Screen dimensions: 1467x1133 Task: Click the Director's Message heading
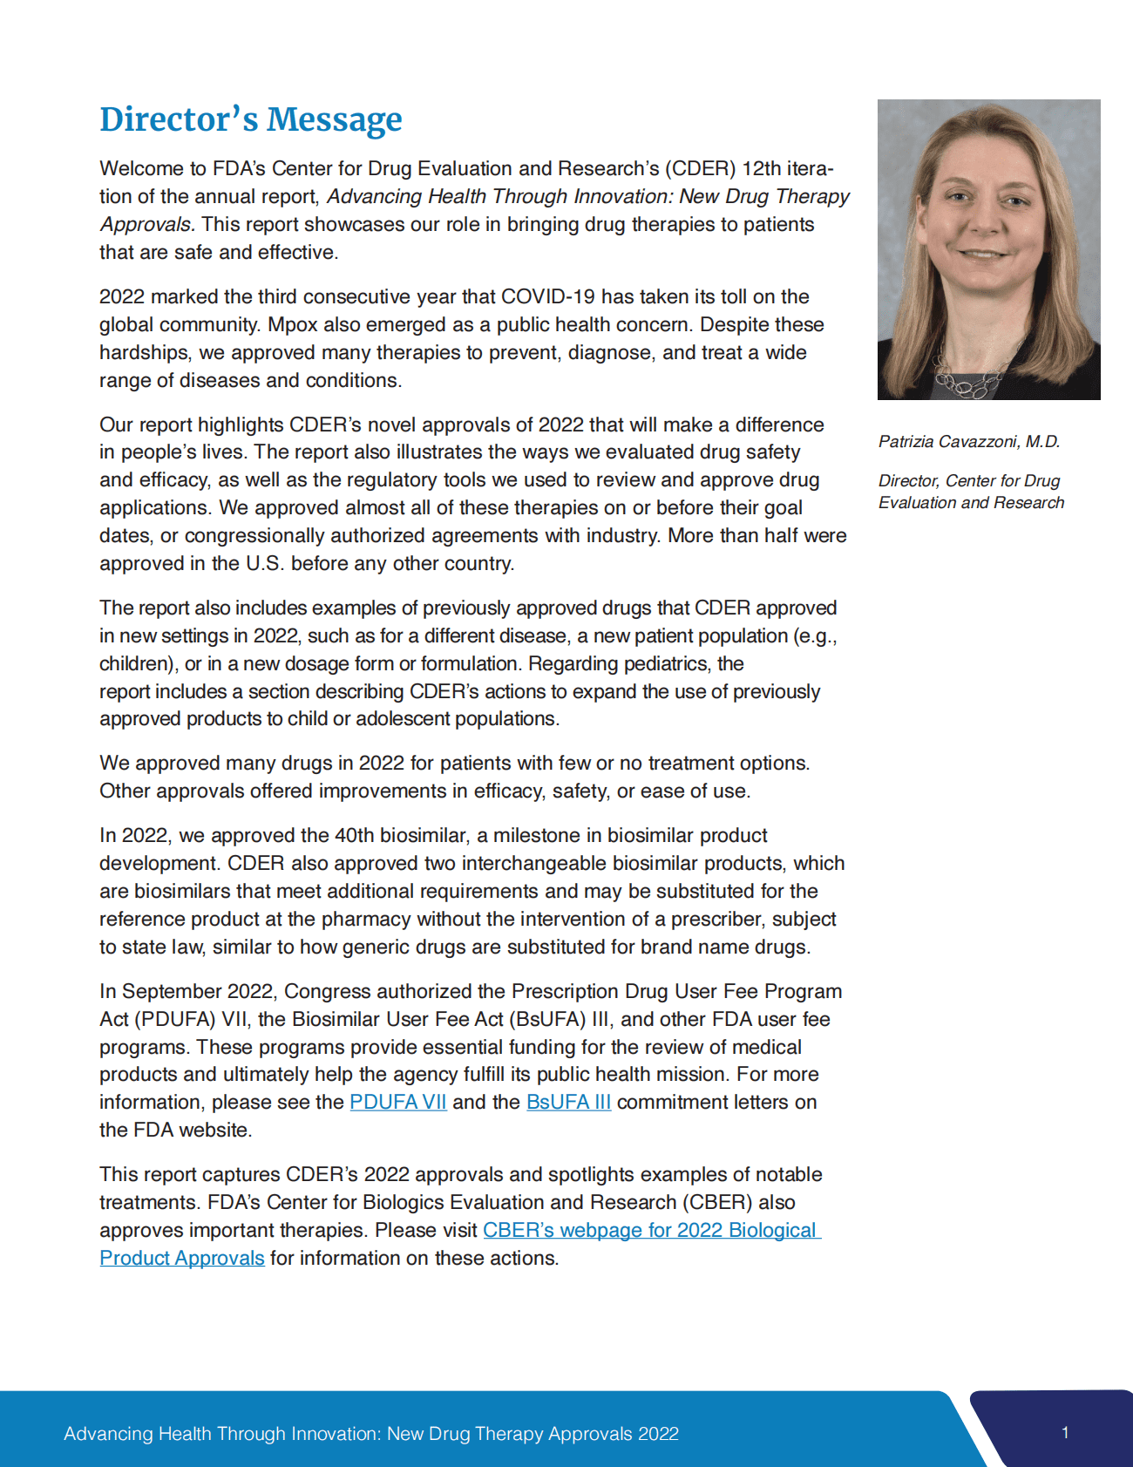click(x=251, y=119)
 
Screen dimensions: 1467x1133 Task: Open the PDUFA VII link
click(x=398, y=1102)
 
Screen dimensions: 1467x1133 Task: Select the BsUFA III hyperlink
click(x=568, y=1102)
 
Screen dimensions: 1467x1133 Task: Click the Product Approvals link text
click(x=182, y=1258)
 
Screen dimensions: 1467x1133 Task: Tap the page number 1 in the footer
click(x=1065, y=1432)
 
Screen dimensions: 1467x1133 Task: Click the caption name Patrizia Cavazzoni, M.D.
click(x=969, y=441)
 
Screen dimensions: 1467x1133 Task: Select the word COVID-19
click(x=548, y=296)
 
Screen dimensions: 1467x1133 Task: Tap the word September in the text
click(x=172, y=991)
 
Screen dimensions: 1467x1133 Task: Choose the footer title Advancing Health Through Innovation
click(x=371, y=1434)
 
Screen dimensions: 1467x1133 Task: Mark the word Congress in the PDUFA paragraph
click(x=325, y=991)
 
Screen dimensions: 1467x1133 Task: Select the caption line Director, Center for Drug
click(x=969, y=480)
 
